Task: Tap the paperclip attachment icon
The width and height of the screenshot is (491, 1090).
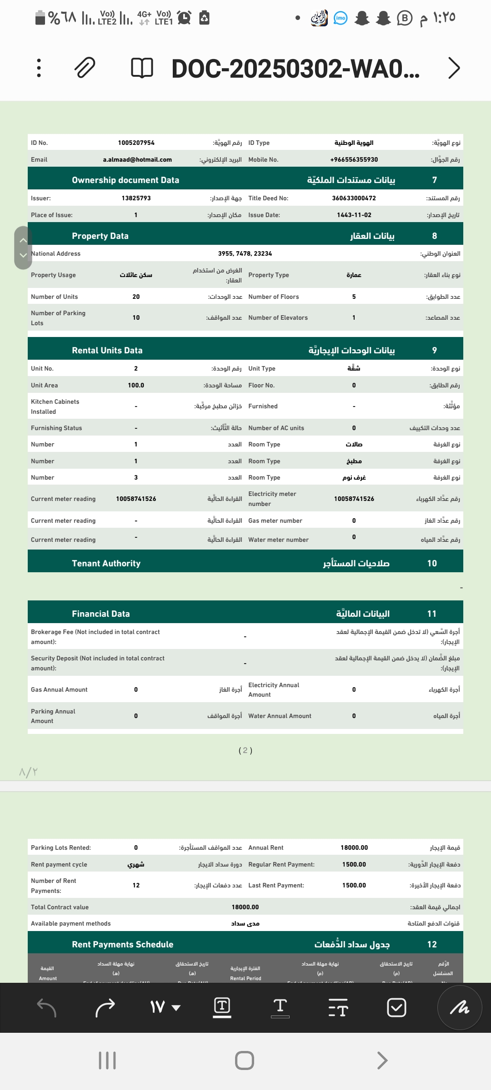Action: [x=85, y=68]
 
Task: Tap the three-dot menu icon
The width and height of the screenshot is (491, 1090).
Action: [x=39, y=68]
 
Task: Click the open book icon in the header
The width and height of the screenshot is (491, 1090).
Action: [x=142, y=68]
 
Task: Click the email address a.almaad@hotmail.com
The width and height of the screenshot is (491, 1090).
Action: [x=137, y=159]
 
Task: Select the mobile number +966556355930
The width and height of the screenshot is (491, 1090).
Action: [x=354, y=159]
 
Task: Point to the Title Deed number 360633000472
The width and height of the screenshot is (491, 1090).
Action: [x=354, y=198]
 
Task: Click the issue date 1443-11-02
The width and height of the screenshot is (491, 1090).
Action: [x=354, y=215]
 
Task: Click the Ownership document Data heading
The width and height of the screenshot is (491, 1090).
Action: [x=125, y=180]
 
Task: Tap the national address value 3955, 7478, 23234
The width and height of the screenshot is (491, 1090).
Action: [x=245, y=253]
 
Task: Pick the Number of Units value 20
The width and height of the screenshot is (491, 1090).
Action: [x=136, y=297]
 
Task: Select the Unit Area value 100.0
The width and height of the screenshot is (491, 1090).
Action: [x=136, y=385]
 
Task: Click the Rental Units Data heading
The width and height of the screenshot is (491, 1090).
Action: [x=107, y=350]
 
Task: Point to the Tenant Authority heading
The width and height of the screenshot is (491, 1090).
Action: [x=106, y=563]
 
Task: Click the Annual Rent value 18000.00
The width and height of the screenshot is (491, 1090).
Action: [x=354, y=847]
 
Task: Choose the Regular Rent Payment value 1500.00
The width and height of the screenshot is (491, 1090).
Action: [x=354, y=864]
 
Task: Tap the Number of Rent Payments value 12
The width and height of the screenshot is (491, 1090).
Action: [x=136, y=885]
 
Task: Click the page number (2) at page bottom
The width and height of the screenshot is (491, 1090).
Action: [x=245, y=750]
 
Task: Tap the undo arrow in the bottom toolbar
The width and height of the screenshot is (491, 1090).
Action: [x=46, y=1007]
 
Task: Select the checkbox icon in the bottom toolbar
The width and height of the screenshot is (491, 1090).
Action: [x=396, y=1007]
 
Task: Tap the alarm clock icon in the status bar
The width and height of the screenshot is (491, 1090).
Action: [x=184, y=18]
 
